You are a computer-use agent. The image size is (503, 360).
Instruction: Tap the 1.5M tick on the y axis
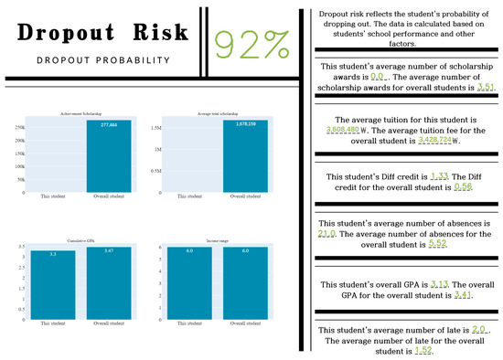click(x=151, y=129)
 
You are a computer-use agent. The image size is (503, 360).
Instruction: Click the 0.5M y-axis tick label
click(x=151, y=171)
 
